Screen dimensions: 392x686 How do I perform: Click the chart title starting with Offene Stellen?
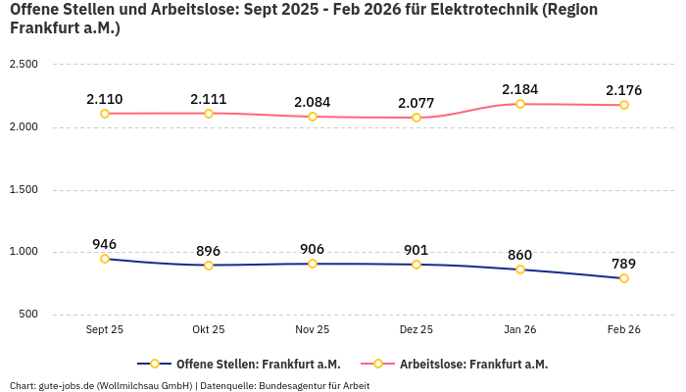pyautogui.click(x=304, y=19)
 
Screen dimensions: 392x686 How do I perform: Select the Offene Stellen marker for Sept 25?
pyautogui.click(x=105, y=259)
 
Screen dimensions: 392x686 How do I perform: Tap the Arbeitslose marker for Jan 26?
pyautogui.click(x=520, y=104)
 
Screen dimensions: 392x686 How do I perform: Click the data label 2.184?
pyautogui.click(x=520, y=89)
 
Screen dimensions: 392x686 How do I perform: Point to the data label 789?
pyautogui.click(x=624, y=264)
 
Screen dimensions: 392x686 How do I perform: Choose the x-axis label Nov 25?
pyautogui.click(x=313, y=330)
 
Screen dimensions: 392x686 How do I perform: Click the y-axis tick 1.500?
pyautogui.click(x=23, y=189)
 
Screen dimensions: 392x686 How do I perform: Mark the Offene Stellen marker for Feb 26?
pyautogui.click(x=624, y=278)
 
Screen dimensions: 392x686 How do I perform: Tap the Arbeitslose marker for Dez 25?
pyautogui.click(x=416, y=118)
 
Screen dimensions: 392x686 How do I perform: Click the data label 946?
pyautogui.click(x=105, y=244)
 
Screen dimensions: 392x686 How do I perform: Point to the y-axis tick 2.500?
pyautogui.click(x=23, y=64)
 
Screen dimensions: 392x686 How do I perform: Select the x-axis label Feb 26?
pyautogui.click(x=624, y=330)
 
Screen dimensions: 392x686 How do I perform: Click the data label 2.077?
pyautogui.click(x=416, y=103)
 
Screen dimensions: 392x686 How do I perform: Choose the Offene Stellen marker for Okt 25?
pyautogui.click(x=209, y=266)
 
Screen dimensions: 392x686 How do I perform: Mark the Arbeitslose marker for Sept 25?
pyautogui.click(x=105, y=114)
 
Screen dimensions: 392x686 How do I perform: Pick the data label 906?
pyautogui.click(x=313, y=249)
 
